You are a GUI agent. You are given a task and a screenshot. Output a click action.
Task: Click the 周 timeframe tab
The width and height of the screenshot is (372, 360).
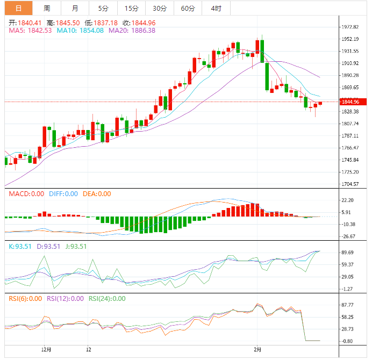click(47, 8)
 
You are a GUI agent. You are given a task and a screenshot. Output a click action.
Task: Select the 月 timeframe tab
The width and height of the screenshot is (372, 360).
click(75, 8)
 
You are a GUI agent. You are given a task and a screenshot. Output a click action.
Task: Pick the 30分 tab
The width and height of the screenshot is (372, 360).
click(159, 8)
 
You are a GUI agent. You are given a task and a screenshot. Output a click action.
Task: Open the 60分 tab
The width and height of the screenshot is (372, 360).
click(188, 8)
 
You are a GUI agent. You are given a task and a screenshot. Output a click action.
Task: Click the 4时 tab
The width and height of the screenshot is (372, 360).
click(216, 8)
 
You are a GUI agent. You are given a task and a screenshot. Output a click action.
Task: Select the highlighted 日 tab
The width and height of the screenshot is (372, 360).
click(19, 8)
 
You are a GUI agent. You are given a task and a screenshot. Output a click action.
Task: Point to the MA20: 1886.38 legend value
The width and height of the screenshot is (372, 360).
click(132, 31)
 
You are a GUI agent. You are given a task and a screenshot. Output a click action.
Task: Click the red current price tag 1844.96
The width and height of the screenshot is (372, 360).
click(353, 102)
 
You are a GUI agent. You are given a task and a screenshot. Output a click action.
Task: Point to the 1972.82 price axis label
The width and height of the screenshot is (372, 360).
click(349, 27)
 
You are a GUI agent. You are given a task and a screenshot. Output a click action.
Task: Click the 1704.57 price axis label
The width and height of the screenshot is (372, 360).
click(349, 184)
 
